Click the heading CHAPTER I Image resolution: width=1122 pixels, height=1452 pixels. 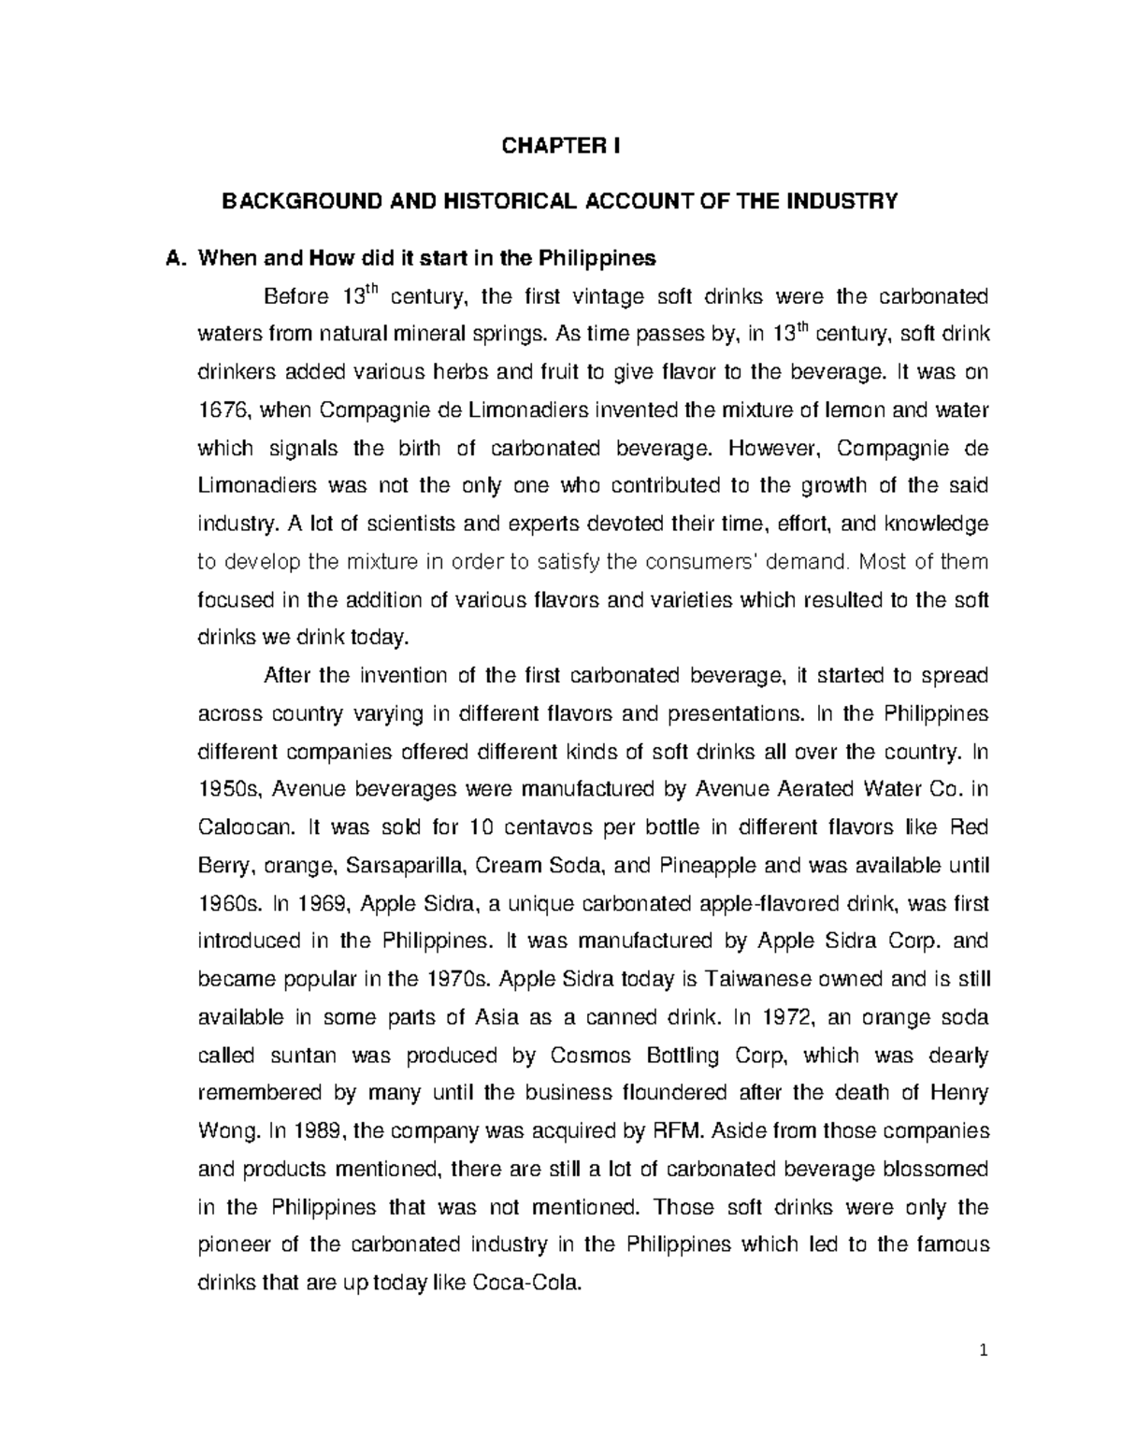pyautogui.click(x=561, y=147)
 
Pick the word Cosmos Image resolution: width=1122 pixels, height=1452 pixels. pyautogui.click(x=593, y=1057)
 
